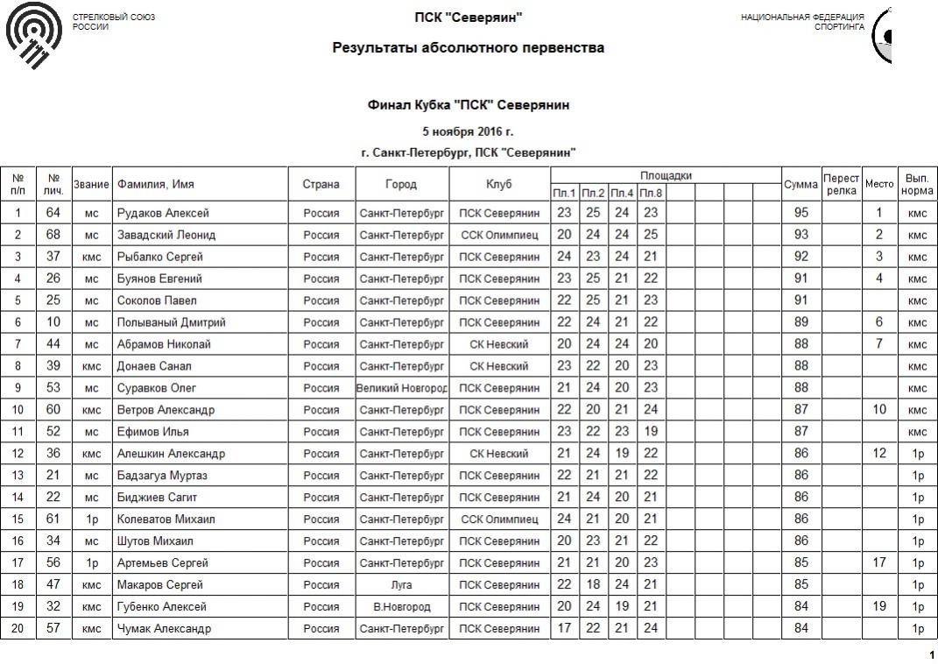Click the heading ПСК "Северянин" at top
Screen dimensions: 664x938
pyautogui.click(x=469, y=18)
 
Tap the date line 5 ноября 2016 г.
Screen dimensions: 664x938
pyautogui.click(x=468, y=132)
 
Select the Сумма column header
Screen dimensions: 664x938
pyautogui.click(x=800, y=184)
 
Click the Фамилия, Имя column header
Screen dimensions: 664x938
pyautogui.click(x=156, y=184)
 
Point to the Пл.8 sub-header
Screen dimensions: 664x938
pyautogui.click(x=651, y=193)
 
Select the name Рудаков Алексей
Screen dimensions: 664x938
pyautogui.click(x=163, y=213)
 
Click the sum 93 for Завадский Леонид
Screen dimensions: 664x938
pyautogui.click(x=800, y=235)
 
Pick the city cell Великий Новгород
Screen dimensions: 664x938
pyautogui.click(x=402, y=388)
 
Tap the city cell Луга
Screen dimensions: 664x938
pyautogui.click(x=402, y=585)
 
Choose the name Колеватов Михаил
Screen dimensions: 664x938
pyautogui.click(x=166, y=519)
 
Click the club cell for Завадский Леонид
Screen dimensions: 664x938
pyautogui.click(x=499, y=235)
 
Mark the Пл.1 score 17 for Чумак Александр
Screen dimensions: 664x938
pyautogui.click(x=564, y=629)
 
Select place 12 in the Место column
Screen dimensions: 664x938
pyautogui.click(x=879, y=454)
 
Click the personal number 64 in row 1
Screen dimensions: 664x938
pyautogui.click(x=53, y=213)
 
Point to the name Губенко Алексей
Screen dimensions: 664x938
pyautogui.click(x=162, y=607)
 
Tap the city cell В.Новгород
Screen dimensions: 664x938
pyautogui.click(x=402, y=607)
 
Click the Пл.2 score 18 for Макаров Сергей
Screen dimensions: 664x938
pyautogui.click(x=593, y=585)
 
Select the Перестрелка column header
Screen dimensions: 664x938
pyautogui.click(x=841, y=184)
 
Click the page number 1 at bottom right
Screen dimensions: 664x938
pyautogui.click(x=931, y=655)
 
